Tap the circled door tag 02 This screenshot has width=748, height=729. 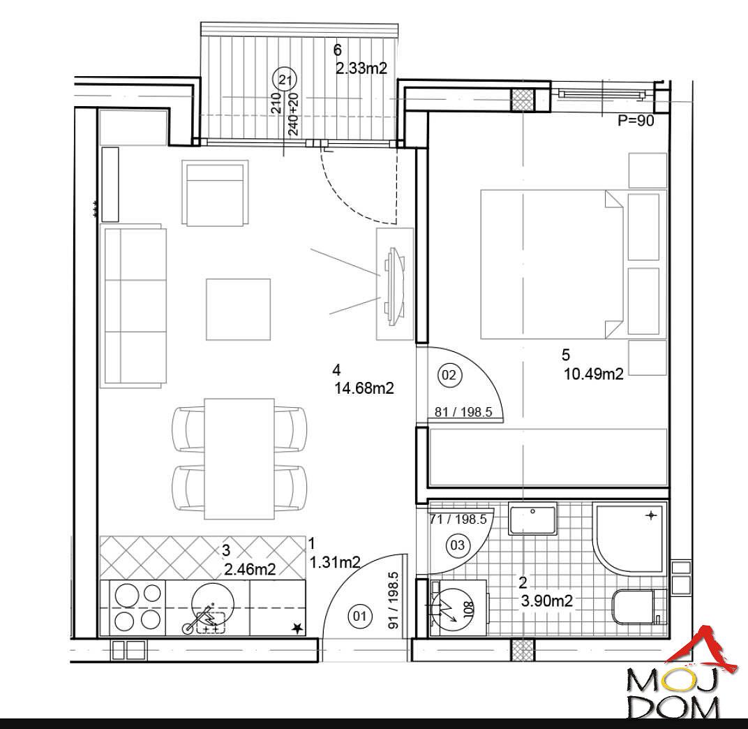449,375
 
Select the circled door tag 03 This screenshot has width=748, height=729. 457,545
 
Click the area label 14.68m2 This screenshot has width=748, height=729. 364,388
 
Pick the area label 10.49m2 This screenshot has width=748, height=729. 593,374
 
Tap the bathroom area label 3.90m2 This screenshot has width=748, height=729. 546,601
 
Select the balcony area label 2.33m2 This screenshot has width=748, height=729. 361,68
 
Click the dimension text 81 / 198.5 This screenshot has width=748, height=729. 463,412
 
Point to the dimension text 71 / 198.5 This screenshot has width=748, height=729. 458,520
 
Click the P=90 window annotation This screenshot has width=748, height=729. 636,121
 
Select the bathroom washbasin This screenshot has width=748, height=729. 532,519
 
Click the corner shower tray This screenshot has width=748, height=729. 628,536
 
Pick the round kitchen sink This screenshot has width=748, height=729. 214,605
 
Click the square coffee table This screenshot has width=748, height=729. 238,309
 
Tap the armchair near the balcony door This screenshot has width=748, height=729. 215,193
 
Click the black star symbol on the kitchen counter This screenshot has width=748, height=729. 297,628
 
